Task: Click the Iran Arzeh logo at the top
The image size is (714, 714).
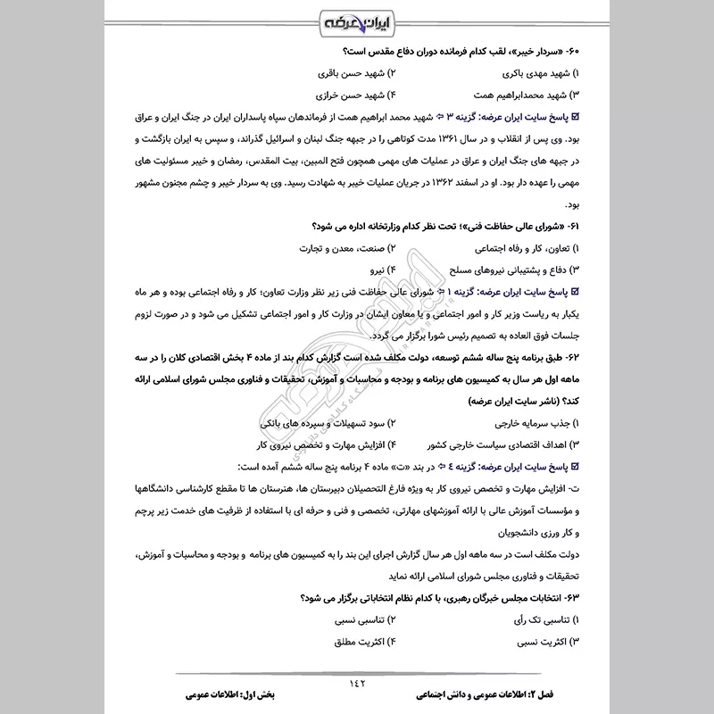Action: pyautogui.click(x=356, y=19)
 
